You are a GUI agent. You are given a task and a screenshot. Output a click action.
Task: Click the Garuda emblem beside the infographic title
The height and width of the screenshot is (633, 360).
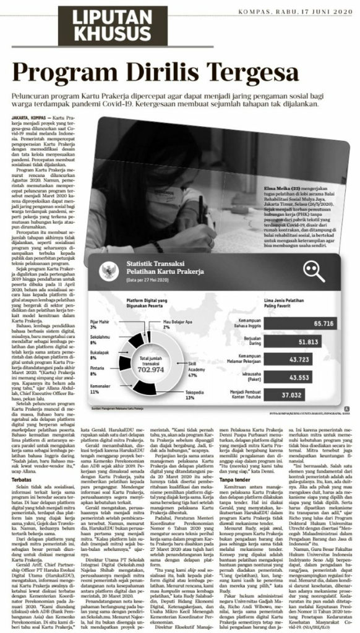(111, 270)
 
